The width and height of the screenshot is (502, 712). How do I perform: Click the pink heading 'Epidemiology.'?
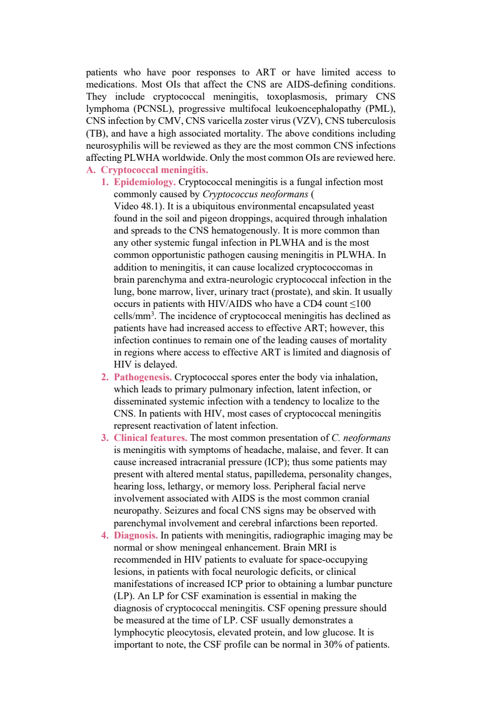[144, 182]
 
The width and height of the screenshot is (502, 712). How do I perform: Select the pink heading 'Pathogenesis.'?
[143, 377]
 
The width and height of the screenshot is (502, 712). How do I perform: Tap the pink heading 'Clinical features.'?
[151, 438]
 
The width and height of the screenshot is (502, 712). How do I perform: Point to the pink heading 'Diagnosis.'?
[135, 535]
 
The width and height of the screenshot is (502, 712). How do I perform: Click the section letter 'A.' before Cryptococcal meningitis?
[91, 170]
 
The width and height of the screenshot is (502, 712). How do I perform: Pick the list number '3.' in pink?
[105, 438]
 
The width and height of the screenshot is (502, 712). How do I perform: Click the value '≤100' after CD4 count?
[360, 304]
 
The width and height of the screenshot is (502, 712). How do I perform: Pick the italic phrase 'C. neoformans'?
[361, 438]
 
